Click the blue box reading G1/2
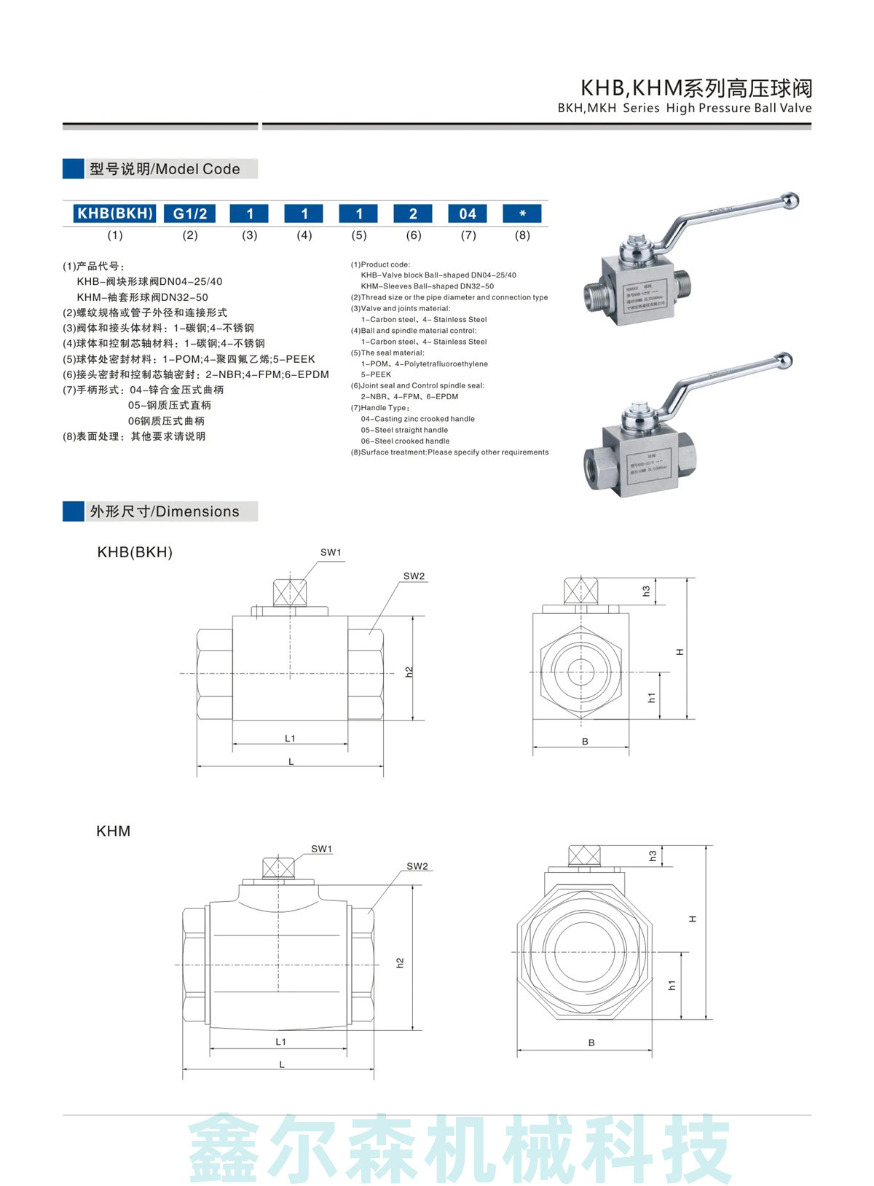coord(190,213)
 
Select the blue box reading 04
coord(467,213)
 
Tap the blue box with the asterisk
coord(522,213)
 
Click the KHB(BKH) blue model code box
coord(115,213)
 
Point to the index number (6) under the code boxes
coord(414,235)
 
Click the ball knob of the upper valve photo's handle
coord(790,200)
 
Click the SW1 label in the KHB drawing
coord(331,552)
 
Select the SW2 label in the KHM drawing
coord(417,866)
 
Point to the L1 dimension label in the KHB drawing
coord(290,738)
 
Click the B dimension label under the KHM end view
coord(591,1042)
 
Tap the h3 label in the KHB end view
coord(646,591)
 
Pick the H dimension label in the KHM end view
coord(693,919)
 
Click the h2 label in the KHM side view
coord(400,962)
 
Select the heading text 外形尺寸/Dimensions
coord(164,511)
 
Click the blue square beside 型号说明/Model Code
coord(74,168)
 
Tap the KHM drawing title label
coord(113,831)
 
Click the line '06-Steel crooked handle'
coord(405,441)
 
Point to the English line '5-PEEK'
coord(376,374)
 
